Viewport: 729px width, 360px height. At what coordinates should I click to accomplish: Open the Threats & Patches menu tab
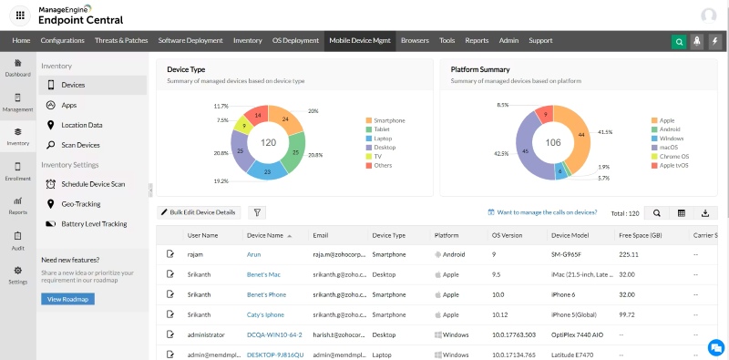[x=122, y=40]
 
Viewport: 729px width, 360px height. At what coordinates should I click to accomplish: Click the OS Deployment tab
[x=295, y=40]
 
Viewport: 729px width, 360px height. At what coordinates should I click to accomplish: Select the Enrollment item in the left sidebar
[x=17, y=171]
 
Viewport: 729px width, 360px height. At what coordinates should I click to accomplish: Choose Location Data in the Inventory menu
[x=81, y=125]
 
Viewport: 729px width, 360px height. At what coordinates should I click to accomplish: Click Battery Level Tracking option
[x=94, y=223]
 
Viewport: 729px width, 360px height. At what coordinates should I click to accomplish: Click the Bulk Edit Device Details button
[x=199, y=212]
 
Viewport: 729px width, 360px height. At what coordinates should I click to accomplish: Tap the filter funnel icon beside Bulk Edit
[x=258, y=212]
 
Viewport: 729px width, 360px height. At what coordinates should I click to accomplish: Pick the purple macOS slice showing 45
[x=512, y=150]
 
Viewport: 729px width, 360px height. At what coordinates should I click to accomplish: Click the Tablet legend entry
[x=383, y=129]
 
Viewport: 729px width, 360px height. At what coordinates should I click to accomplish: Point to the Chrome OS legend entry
[x=673, y=156]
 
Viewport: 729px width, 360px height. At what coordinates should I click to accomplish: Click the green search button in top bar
[x=679, y=41]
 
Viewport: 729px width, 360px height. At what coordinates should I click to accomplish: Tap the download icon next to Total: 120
[x=704, y=212]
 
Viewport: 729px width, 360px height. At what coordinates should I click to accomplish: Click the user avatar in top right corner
[x=708, y=15]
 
